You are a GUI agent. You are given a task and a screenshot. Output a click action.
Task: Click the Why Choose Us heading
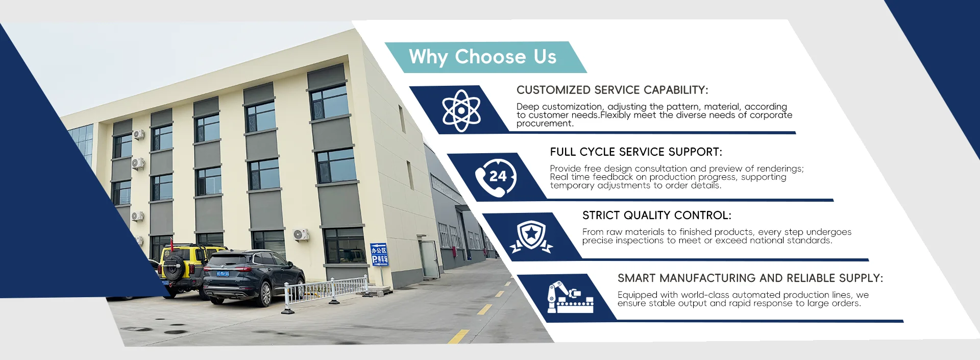pos(482,57)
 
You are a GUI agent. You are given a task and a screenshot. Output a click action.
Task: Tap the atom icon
pos(461,110)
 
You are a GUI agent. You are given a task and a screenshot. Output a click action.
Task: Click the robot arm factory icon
pos(570,297)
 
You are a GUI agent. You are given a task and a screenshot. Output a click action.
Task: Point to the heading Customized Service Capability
pos(612,90)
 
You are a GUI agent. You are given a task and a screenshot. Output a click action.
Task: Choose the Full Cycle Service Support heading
pos(636,152)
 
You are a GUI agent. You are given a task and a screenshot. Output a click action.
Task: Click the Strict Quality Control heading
pos(657,215)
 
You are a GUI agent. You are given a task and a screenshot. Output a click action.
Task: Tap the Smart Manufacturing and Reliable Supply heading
pos(750,278)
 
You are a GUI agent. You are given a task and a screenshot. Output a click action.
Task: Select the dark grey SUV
pos(253,276)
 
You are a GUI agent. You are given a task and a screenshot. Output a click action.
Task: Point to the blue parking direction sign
pos(379,254)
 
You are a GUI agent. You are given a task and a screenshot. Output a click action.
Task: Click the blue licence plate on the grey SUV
pos(223,274)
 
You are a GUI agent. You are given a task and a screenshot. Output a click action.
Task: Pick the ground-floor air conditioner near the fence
pos(301,234)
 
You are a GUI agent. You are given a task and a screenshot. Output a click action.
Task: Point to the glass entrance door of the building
pos(428,258)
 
